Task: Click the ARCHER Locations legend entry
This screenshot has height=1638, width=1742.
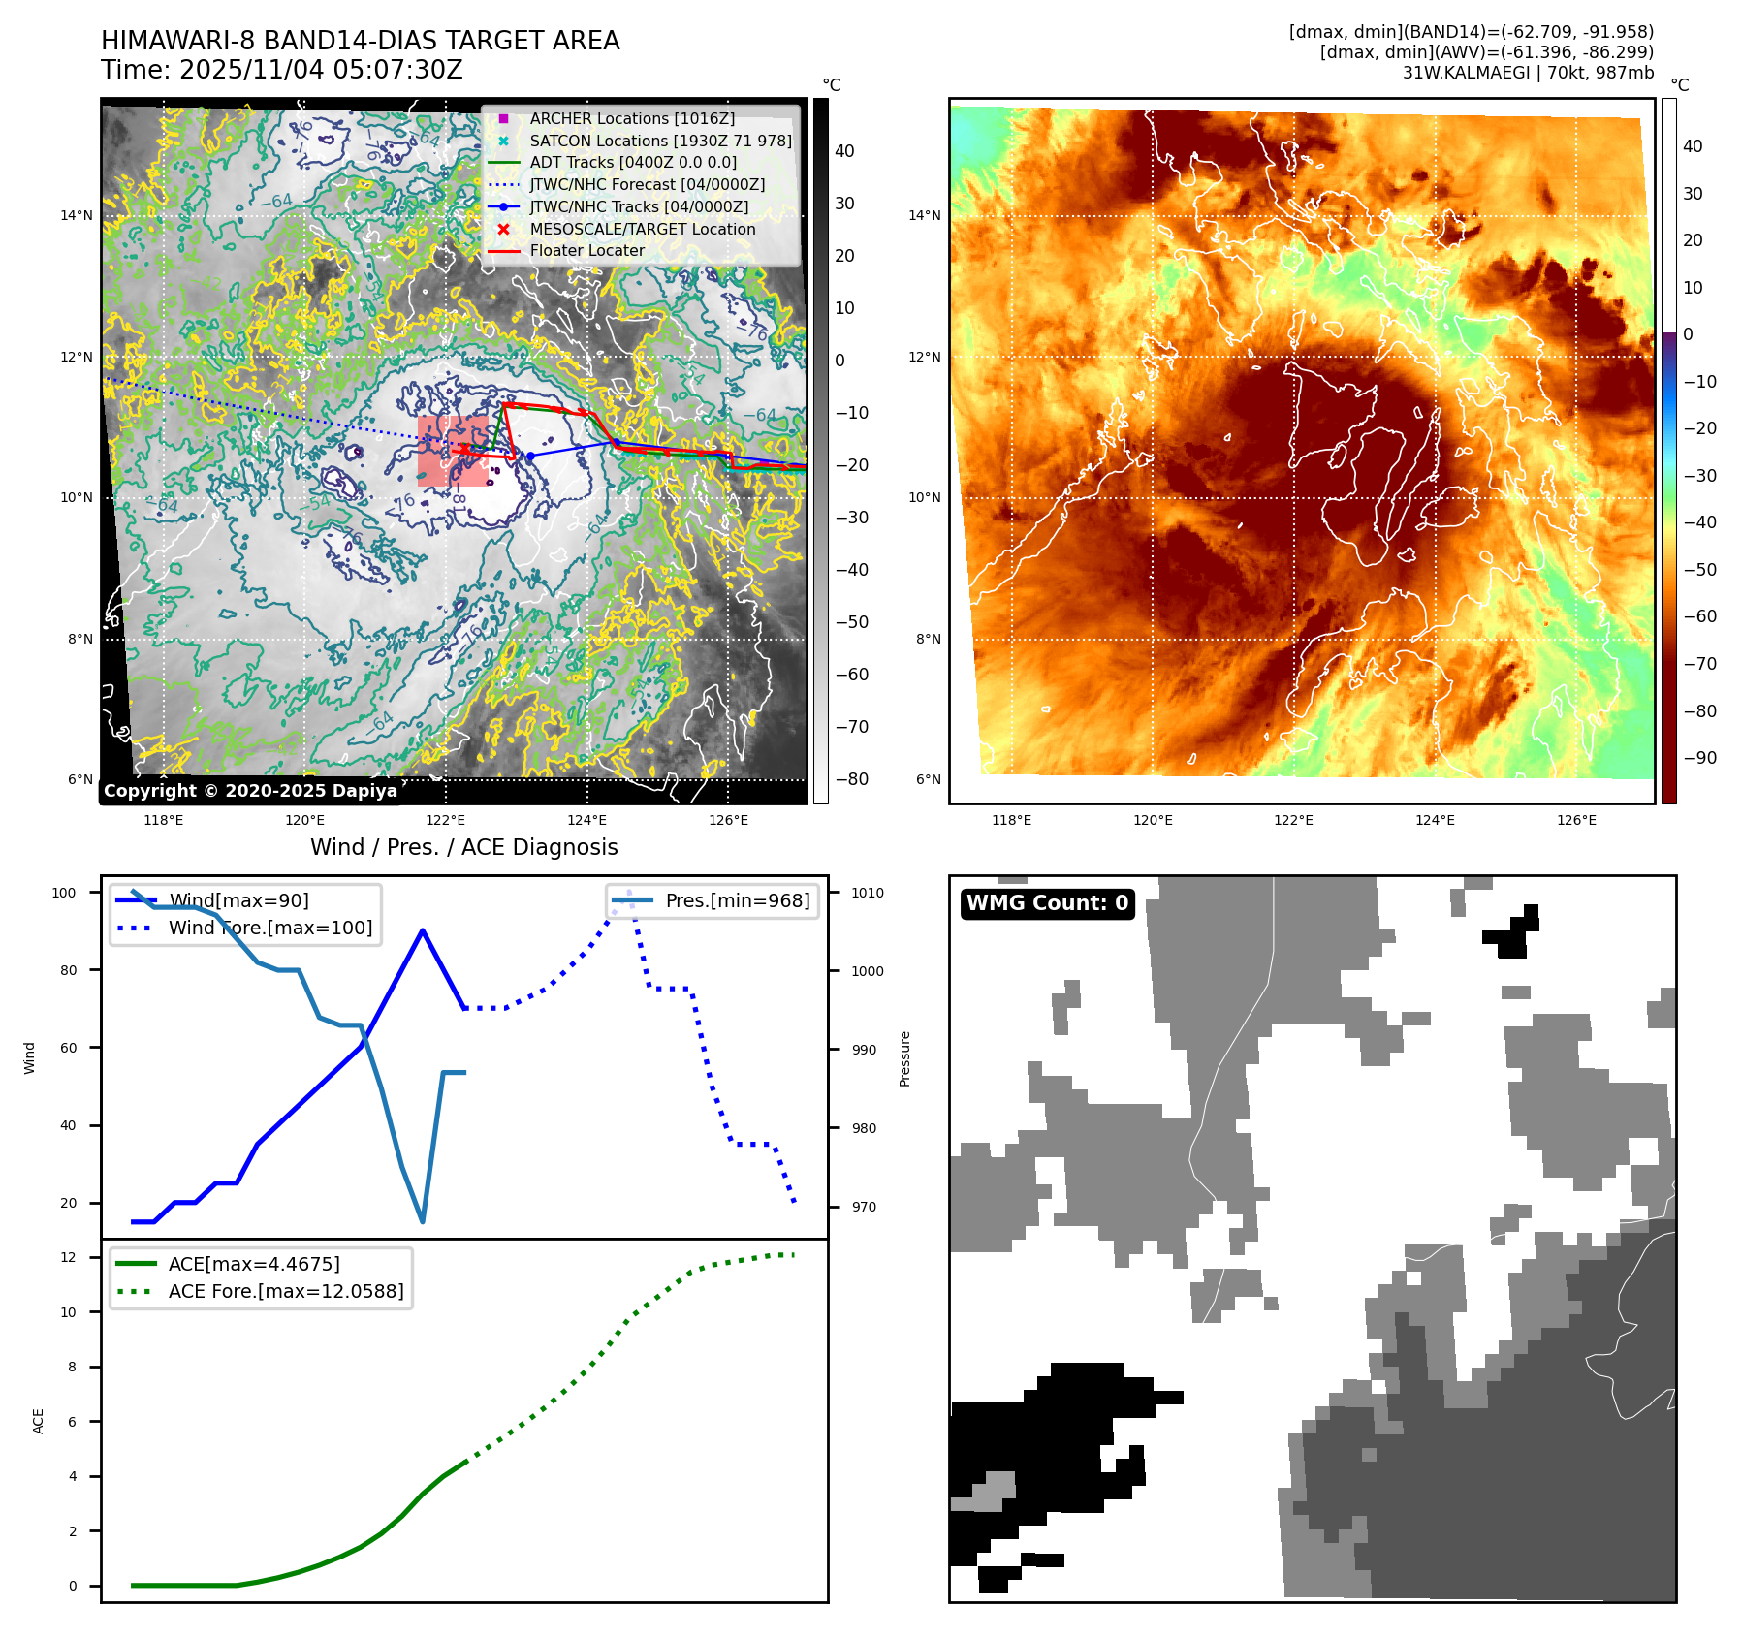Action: tap(631, 118)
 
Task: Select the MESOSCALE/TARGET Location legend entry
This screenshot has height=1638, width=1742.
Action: tap(642, 229)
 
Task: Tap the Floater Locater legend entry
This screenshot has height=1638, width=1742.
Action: tap(586, 250)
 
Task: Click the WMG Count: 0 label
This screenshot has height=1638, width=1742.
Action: tap(1047, 903)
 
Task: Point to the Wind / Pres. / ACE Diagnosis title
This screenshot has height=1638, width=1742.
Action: tap(463, 847)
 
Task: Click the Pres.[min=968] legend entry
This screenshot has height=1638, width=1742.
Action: tap(737, 900)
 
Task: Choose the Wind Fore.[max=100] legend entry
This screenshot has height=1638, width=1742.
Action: tap(269, 928)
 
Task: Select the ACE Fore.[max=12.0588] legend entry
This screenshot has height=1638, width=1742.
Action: tap(285, 1291)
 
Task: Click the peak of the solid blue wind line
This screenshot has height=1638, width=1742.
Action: tap(423, 930)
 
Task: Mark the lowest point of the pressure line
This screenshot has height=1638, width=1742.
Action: tap(423, 1221)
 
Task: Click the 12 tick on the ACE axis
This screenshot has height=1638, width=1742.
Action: tap(68, 1257)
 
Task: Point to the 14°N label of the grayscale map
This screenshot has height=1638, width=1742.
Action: tap(77, 215)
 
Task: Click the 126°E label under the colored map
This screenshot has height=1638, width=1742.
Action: tap(1576, 820)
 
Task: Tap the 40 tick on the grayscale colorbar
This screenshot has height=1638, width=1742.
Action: tap(844, 151)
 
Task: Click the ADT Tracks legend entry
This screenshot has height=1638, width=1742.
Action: tap(632, 162)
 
